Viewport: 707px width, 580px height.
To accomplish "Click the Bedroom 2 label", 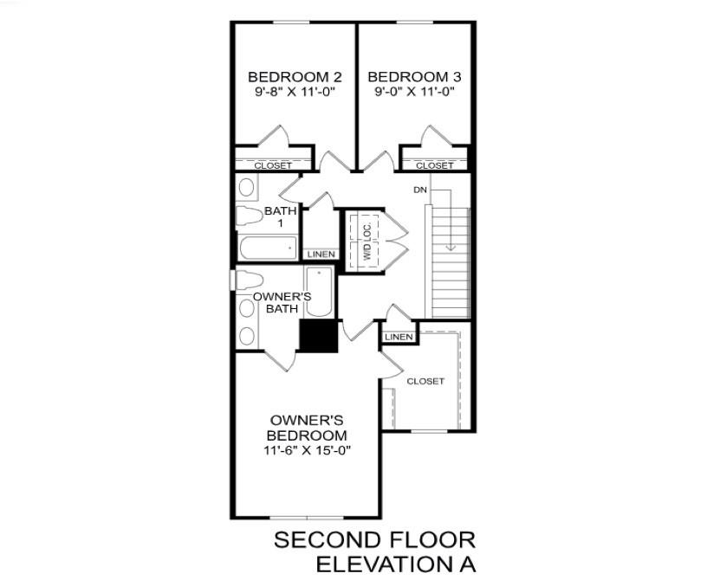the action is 295,77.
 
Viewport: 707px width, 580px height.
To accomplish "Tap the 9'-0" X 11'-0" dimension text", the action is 414,92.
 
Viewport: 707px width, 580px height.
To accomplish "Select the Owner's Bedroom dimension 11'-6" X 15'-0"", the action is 307,450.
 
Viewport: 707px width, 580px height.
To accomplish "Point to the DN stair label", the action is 419,190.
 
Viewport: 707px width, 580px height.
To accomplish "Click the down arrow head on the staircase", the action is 451,247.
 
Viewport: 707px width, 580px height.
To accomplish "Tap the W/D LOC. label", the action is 367,241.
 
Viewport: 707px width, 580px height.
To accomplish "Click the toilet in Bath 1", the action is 250,215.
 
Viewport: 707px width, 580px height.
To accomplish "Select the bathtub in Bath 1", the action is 269,248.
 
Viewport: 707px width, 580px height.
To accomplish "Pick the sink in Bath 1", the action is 246,187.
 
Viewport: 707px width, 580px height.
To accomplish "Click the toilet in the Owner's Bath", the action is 250,280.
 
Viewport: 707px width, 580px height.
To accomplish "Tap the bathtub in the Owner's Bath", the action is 319,292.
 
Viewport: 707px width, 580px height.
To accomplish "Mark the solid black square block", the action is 319,336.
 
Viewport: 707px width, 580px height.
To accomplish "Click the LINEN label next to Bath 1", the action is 321,255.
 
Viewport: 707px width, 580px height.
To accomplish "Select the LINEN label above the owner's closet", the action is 399,337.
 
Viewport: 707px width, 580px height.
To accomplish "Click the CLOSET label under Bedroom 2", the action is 273,165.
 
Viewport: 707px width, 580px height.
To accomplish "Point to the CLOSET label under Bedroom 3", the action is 435,165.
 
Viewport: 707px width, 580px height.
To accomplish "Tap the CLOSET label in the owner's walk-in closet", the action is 425,381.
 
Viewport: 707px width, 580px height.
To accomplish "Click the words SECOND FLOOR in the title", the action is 374,540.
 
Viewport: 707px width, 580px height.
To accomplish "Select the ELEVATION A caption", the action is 396,564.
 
